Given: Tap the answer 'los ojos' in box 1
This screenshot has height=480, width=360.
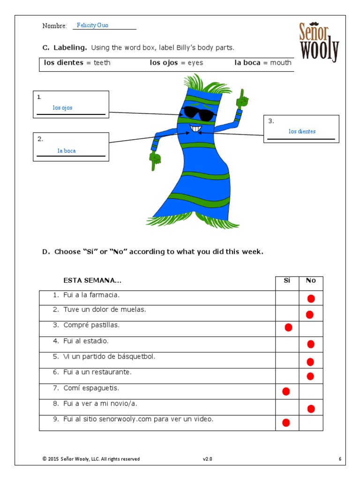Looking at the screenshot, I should (62, 108).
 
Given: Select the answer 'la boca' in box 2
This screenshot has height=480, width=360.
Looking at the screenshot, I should (67, 151).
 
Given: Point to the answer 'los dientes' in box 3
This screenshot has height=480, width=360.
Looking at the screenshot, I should (302, 132).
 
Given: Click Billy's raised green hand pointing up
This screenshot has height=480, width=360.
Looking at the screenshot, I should (243, 98).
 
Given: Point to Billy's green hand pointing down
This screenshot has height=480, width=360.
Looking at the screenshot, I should (155, 161).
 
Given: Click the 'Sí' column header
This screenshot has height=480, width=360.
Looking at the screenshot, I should (287, 281).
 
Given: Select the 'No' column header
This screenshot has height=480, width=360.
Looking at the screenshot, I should (311, 281).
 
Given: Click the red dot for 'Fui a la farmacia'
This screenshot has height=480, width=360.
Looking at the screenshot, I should (311, 299).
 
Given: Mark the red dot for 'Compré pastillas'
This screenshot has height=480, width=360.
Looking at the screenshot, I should (288, 327).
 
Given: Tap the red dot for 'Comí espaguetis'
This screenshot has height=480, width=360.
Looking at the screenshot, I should (286, 391).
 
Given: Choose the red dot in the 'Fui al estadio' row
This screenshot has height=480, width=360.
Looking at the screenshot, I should (311, 345).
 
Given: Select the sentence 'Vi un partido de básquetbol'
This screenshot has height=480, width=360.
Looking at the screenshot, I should (109, 357).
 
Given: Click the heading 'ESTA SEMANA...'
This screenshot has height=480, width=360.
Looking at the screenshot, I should (92, 281).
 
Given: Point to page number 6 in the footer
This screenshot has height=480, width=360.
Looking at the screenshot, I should (340, 459).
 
